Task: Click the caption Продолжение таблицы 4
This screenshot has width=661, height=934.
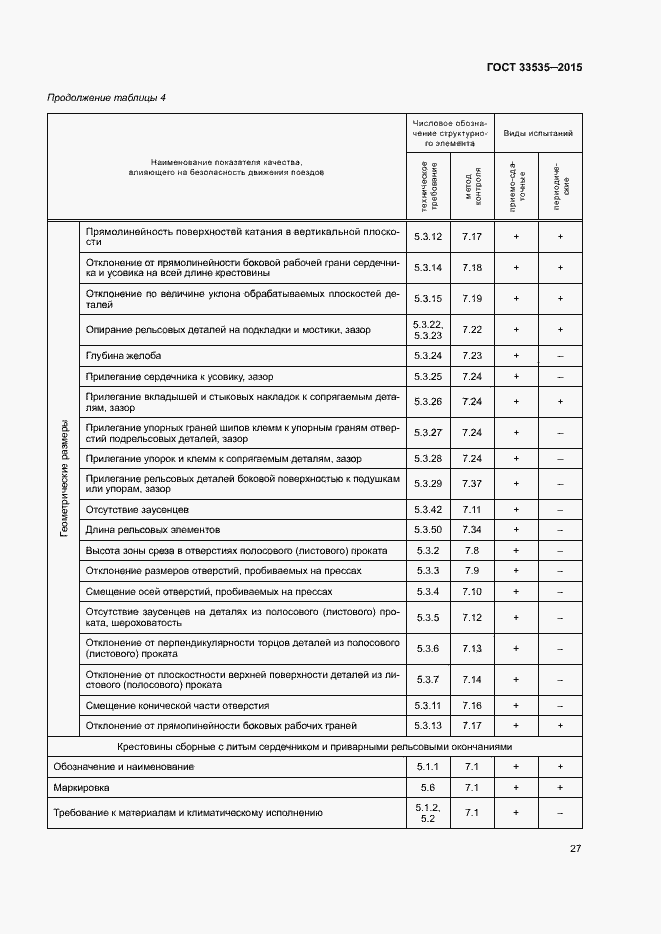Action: click(x=107, y=97)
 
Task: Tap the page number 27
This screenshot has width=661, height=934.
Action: click(x=575, y=849)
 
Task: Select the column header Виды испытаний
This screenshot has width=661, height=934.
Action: click(x=537, y=132)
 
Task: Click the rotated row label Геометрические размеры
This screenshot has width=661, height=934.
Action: click(x=65, y=478)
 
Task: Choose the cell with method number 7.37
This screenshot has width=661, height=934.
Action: click(x=472, y=483)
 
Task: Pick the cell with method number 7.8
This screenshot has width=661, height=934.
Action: click(x=472, y=550)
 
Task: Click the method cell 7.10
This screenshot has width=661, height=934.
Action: click(x=472, y=591)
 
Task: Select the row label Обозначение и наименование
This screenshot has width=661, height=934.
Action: click(x=123, y=766)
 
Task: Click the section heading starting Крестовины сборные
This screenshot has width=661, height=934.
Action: click(x=315, y=746)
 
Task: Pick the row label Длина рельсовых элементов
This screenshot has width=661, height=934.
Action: click(x=153, y=529)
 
